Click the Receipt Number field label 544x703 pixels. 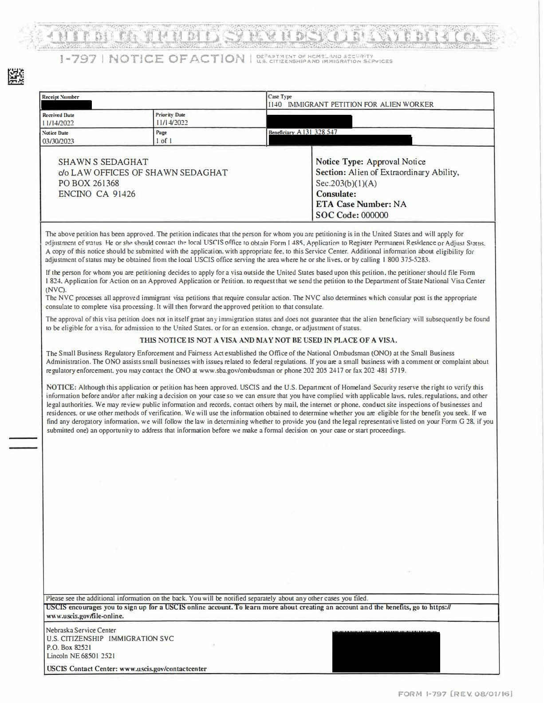coord(60,97)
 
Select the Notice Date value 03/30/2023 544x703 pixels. coord(58,141)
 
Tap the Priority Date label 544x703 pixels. coord(170,115)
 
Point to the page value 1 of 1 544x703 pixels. coord(164,141)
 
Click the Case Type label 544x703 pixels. coord(280,97)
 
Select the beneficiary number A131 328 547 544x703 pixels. coord(317,132)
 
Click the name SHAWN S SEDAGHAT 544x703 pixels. coord(103,162)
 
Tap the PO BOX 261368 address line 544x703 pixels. coord(89,183)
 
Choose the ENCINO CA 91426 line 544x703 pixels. coord(97,194)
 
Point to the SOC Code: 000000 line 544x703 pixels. coord(352,215)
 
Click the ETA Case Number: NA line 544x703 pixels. coord(361,204)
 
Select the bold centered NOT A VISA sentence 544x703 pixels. coord(268,340)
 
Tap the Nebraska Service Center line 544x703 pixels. coord(81,630)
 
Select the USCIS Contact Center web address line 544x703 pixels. coord(126,668)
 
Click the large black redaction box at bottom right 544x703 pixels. coord(386,652)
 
